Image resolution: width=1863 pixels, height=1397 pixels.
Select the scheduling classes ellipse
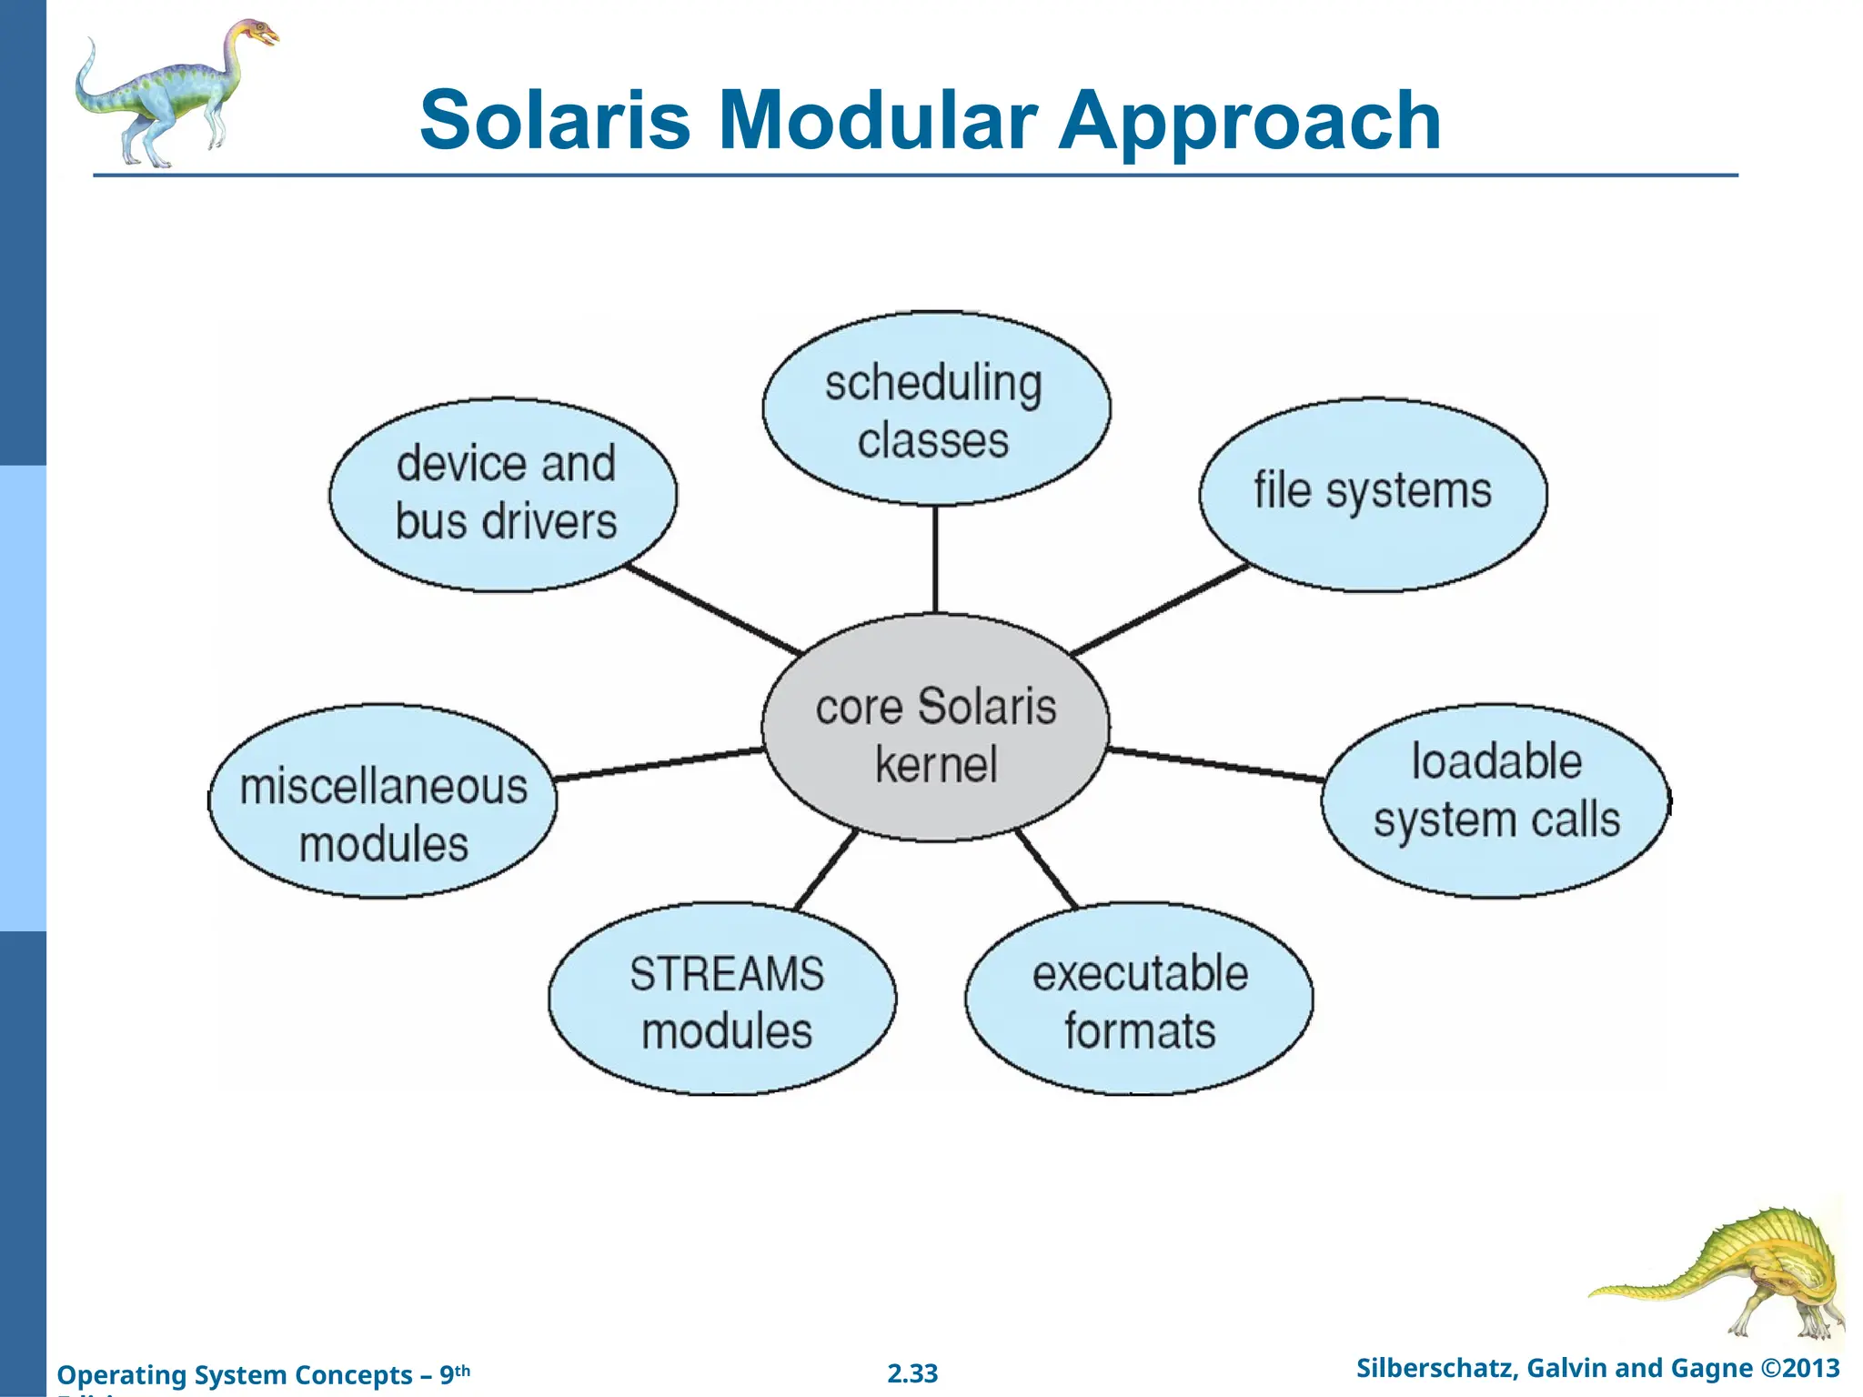(935, 409)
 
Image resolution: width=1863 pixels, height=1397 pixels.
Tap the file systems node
(1372, 494)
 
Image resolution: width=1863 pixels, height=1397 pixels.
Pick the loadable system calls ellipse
(1495, 800)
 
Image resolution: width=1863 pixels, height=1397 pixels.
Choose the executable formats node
(1139, 1000)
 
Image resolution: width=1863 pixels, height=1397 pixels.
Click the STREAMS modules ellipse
(723, 1000)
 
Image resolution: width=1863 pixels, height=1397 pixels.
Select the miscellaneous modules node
(383, 802)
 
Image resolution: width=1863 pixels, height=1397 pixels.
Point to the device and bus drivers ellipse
(503, 494)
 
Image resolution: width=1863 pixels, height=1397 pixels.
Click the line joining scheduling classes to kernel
(935, 559)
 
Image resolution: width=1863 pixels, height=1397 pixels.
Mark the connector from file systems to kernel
(1160, 608)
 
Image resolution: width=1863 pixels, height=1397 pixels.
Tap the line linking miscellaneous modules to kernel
(660, 764)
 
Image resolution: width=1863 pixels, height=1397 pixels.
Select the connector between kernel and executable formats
(1047, 869)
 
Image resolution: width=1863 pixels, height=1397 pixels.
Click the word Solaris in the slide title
(555, 120)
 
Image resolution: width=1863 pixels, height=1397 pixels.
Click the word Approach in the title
(1250, 120)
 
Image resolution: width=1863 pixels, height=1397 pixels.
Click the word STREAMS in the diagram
(726, 974)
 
